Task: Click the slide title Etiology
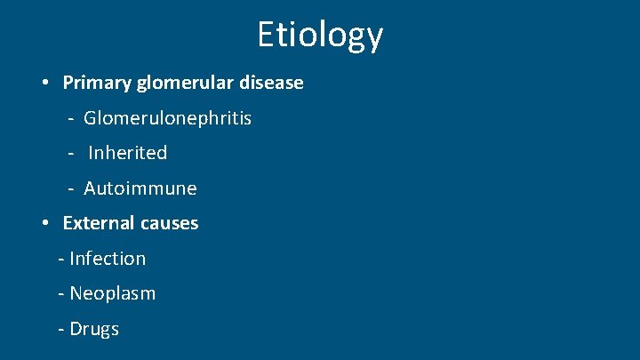coord(320,35)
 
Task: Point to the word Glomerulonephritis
coord(168,117)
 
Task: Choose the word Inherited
coord(128,153)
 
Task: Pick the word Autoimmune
coord(140,188)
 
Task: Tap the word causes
coord(169,223)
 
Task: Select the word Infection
coord(108,259)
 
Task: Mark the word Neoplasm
coord(112,293)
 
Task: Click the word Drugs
coord(94,329)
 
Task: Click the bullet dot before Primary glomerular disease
coord(44,84)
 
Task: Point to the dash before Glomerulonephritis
coord(70,118)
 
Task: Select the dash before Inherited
coord(70,154)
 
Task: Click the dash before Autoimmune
coord(70,189)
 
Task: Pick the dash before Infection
coord(60,260)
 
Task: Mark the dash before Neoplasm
coord(60,294)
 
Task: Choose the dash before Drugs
coord(60,330)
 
